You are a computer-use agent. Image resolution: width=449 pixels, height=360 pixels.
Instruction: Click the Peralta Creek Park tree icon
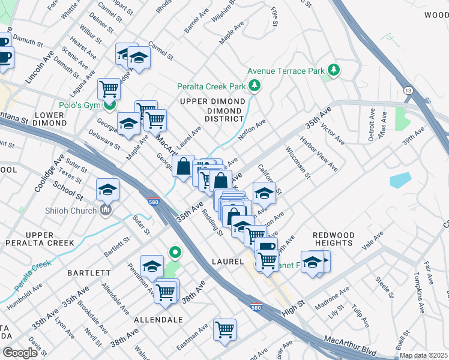click(255, 86)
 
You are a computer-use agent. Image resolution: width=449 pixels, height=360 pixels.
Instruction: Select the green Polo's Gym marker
click(109, 106)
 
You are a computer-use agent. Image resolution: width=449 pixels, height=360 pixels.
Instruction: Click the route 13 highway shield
click(408, 90)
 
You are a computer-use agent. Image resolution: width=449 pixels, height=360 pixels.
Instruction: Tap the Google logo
click(20, 353)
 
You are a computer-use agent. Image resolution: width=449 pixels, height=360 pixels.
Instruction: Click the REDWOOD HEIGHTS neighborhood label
click(333, 239)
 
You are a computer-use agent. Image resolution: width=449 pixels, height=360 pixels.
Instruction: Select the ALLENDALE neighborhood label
click(158, 320)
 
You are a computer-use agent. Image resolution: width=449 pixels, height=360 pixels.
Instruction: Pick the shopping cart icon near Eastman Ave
click(224, 329)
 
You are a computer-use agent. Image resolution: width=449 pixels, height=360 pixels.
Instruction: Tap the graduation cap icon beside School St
click(107, 190)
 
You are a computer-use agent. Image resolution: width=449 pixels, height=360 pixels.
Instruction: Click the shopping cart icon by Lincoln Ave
click(109, 89)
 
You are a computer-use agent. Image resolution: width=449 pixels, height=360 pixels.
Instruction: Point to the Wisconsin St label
click(298, 163)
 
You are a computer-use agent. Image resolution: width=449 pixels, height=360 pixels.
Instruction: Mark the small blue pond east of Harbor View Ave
click(400, 180)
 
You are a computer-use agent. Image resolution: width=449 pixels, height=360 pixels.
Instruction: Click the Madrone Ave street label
click(332, 298)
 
